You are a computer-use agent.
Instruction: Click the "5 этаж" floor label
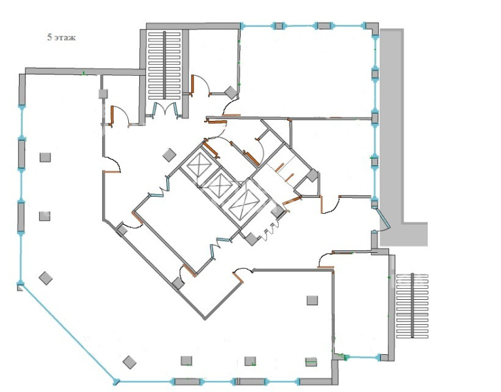[61, 38]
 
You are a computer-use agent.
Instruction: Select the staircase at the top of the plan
[164, 65]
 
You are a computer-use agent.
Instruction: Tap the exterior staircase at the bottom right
[412, 306]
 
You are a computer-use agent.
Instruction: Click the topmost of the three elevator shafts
[199, 165]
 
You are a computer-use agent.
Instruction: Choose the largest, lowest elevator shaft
[244, 204]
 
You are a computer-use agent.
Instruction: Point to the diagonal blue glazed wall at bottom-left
[68, 333]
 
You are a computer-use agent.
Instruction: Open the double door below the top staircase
[165, 109]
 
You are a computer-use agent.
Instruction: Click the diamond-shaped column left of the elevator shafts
[169, 155]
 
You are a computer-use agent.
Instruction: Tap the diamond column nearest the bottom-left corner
[130, 363]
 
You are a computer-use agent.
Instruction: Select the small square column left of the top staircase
[103, 94]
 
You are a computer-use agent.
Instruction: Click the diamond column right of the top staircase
[231, 93]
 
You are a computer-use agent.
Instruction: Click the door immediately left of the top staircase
[120, 116]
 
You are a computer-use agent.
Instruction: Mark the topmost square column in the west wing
[45, 157]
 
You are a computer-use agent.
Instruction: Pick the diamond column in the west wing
[46, 278]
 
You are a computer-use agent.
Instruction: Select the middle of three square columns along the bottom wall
[250, 361]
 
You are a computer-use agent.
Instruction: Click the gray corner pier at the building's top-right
[372, 28]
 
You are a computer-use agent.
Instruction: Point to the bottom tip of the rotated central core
[205, 319]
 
